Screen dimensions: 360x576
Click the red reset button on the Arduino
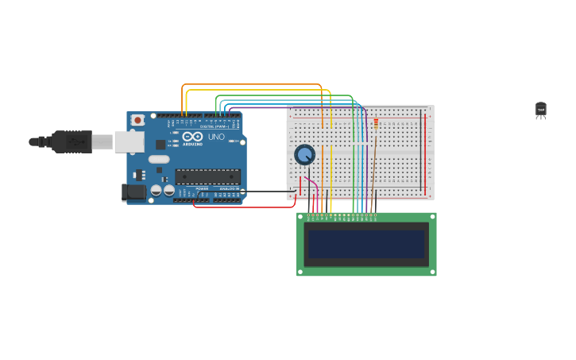[137, 120]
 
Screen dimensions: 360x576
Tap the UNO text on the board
[217, 137]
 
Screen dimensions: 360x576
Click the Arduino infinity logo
[192, 137]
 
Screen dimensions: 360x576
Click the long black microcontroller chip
[207, 176]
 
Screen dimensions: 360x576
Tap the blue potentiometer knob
[304, 154]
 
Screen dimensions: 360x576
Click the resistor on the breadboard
[376, 124]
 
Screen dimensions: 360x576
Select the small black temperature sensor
[540, 110]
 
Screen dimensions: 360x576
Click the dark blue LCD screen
[366, 244]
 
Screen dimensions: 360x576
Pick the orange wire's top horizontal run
[254, 84]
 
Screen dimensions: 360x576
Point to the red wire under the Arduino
[246, 207]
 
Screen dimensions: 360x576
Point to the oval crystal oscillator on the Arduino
[158, 158]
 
